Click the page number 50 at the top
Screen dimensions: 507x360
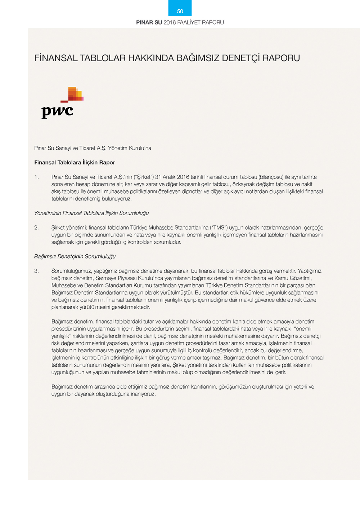pos(180,12)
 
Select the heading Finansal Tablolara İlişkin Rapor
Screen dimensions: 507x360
pos(75,163)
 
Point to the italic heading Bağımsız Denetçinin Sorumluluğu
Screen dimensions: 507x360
pos(75,257)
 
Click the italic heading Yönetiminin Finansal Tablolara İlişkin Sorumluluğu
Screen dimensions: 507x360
pos(91,213)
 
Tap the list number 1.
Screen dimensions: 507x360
pos(36,177)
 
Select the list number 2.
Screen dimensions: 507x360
pos(36,228)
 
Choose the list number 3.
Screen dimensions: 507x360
pos(36,271)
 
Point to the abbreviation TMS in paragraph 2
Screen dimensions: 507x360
pos(219,228)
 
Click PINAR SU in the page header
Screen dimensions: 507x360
pos(149,22)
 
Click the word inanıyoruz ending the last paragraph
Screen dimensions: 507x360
pos(143,394)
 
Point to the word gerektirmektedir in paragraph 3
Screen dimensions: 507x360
pos(131,307)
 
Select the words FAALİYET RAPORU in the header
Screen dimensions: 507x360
pos(201,22)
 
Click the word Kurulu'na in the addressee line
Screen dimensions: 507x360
pos(140,148)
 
